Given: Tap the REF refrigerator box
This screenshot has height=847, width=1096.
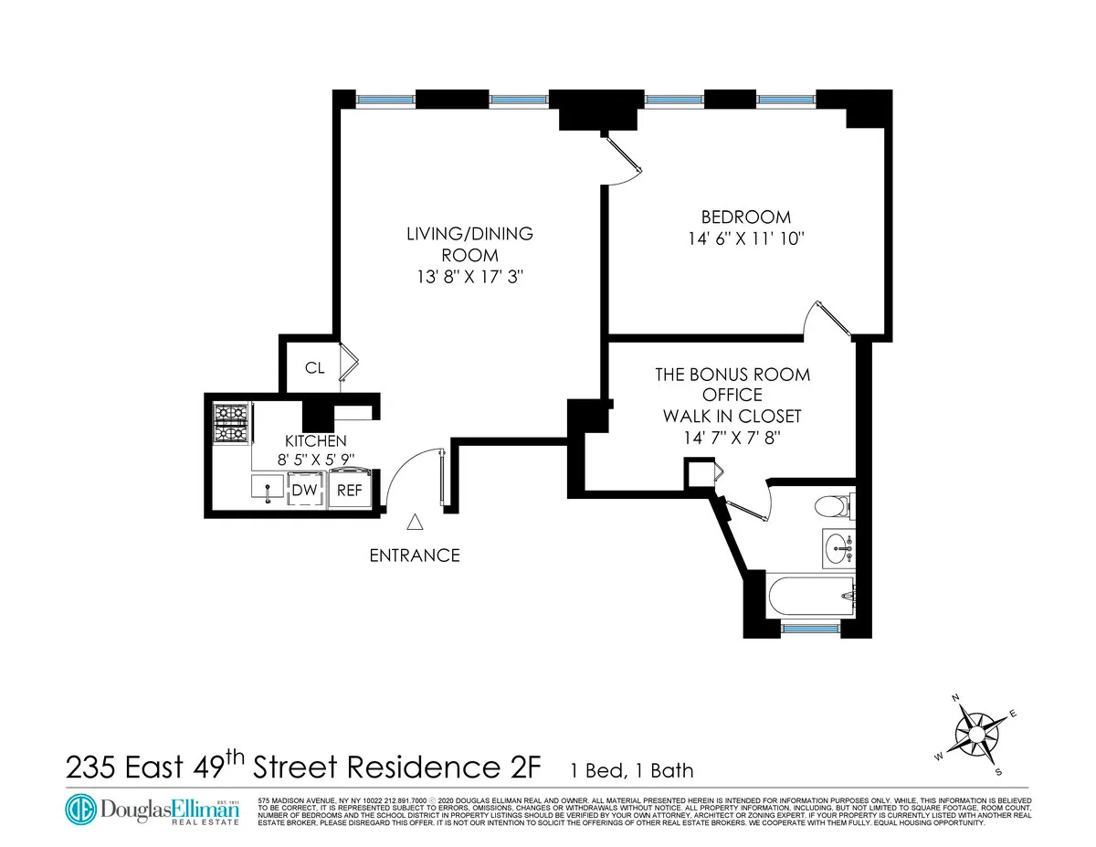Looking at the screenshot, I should tap(350, 490).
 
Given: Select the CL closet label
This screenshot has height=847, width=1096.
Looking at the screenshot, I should tap(314, 368).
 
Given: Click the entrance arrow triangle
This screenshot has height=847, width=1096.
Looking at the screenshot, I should tap(415, 522).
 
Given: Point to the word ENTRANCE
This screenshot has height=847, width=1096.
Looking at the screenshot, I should tap(414, 555).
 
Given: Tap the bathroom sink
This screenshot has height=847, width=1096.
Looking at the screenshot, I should tap(837, 548).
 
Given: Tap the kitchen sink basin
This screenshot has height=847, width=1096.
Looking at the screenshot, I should tap(268, 490).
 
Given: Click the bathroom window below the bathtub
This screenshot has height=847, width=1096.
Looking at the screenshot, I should tap(810, 628).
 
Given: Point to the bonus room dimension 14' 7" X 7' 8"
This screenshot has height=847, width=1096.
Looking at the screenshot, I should tap(733, 438).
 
